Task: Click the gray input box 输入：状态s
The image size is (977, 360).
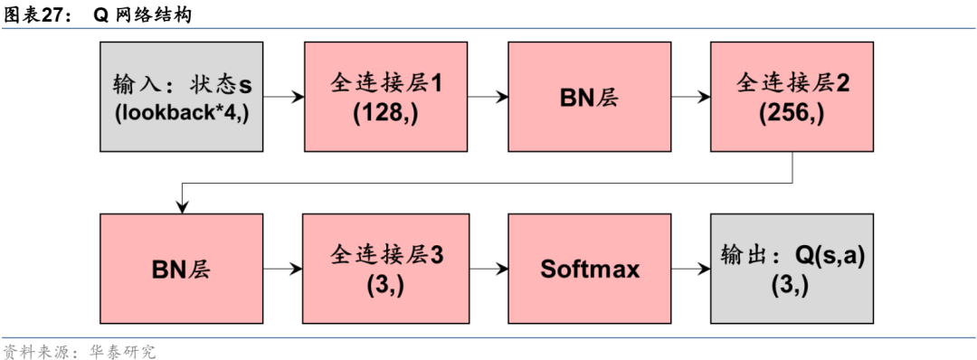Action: (x=182, y=98)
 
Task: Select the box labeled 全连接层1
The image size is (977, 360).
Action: (x=385, y=98)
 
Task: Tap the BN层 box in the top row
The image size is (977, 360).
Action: (x=589, y=98)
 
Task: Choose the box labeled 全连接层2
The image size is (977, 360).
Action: (x=792, y=98)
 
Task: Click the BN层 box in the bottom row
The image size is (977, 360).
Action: (x=182, y=269)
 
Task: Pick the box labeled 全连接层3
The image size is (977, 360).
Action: (x=385, y=269)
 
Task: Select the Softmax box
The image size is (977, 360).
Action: (x=589, y=269)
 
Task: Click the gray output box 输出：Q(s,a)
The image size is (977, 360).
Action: (x=792, y=269)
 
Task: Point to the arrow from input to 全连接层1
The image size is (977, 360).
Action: (x=283, y=97)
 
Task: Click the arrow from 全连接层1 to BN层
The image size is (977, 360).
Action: (x=487, y=97)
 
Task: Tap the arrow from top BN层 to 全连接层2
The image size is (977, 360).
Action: (x=690, y=97)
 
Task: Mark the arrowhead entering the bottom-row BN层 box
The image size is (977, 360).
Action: (x=182, y=207)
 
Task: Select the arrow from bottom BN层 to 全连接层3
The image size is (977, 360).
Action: (x=283, y=269)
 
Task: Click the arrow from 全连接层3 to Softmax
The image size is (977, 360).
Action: (x=487, y=269)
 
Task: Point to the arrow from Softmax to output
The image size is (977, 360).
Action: (x=690, y=269)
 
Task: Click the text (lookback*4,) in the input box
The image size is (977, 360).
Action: (x=182, y=114)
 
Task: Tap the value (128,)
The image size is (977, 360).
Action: (x=385, y=114)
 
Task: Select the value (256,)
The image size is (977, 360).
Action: (x=792, y=114)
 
